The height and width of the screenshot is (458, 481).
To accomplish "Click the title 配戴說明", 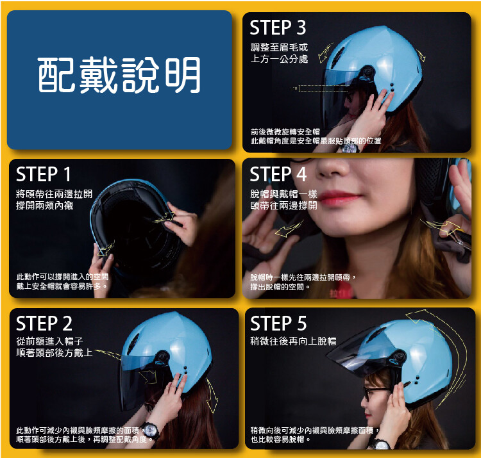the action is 119,75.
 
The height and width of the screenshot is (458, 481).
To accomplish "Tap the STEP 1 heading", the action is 44,174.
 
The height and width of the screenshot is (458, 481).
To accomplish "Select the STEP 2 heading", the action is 44,323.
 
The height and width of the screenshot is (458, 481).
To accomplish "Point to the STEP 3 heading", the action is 278,28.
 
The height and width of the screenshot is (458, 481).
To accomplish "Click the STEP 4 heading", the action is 278,174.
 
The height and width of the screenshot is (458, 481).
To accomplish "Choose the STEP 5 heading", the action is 278,323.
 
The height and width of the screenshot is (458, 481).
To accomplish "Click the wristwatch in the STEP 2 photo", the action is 150,430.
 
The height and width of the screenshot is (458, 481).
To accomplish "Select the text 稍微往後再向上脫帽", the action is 293,341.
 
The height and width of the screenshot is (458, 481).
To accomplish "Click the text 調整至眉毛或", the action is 279,47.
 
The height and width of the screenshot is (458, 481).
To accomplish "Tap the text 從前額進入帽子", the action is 49,341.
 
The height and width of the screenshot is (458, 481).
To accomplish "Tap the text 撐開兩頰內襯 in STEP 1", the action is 45,205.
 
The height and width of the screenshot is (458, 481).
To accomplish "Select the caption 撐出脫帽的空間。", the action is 280,287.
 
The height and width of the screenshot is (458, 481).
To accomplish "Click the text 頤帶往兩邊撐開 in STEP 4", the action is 283,205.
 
